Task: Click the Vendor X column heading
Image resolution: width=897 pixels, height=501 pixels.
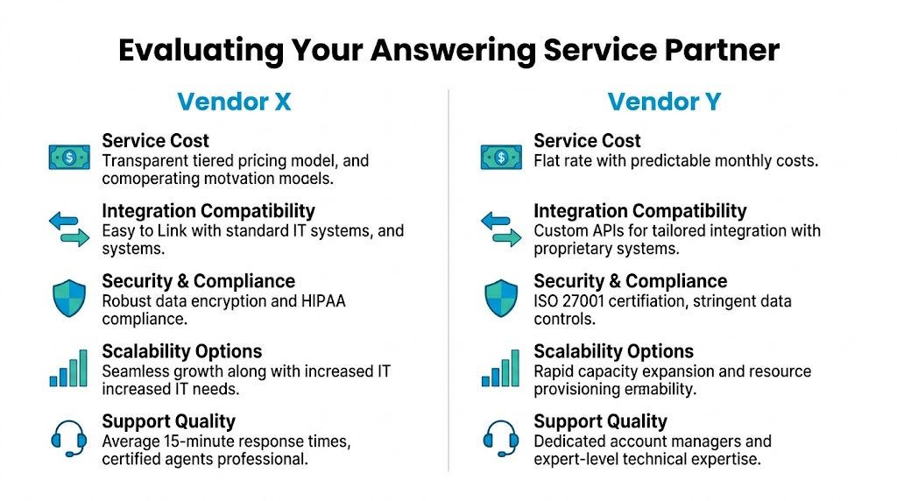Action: [x=234, y=102]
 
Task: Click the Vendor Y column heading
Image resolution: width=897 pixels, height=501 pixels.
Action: [x=664, y=102]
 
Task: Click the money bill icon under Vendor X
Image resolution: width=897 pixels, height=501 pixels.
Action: [x=69, y=157]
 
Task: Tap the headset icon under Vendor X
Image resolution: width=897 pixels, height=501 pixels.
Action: [x=69, y=438]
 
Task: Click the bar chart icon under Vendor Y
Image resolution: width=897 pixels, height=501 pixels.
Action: [x=501, y=369]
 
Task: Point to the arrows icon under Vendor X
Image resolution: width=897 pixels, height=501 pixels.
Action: [x=69, y=227]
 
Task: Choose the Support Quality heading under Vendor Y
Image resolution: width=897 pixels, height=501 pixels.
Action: [x=600, y=421]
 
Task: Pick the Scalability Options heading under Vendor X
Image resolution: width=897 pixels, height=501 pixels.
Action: [x=181, y=351]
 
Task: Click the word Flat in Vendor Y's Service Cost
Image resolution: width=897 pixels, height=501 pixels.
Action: [x=548, y=161]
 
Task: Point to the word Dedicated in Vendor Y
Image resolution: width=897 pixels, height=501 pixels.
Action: [x=572, y=442]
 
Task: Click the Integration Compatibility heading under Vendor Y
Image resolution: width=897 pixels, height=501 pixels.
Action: [x=639, y=211]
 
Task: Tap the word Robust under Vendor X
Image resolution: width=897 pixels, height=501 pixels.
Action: [x=128, y=301]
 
